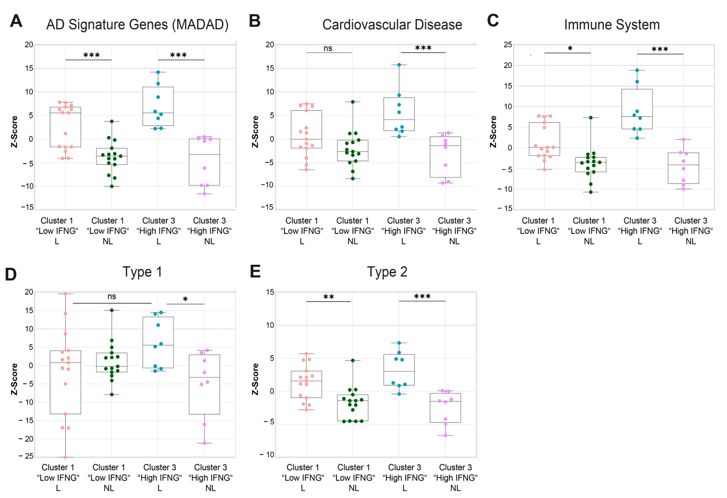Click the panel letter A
[16, 21]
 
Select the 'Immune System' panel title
[612, 25]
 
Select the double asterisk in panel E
[328, 297]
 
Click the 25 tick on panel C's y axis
[508, 45]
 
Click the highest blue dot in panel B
[399, 65]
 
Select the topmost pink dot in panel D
[65, 294]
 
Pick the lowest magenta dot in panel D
[204, 443]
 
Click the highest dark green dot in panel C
[591, 118]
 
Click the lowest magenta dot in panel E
[445, 436]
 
